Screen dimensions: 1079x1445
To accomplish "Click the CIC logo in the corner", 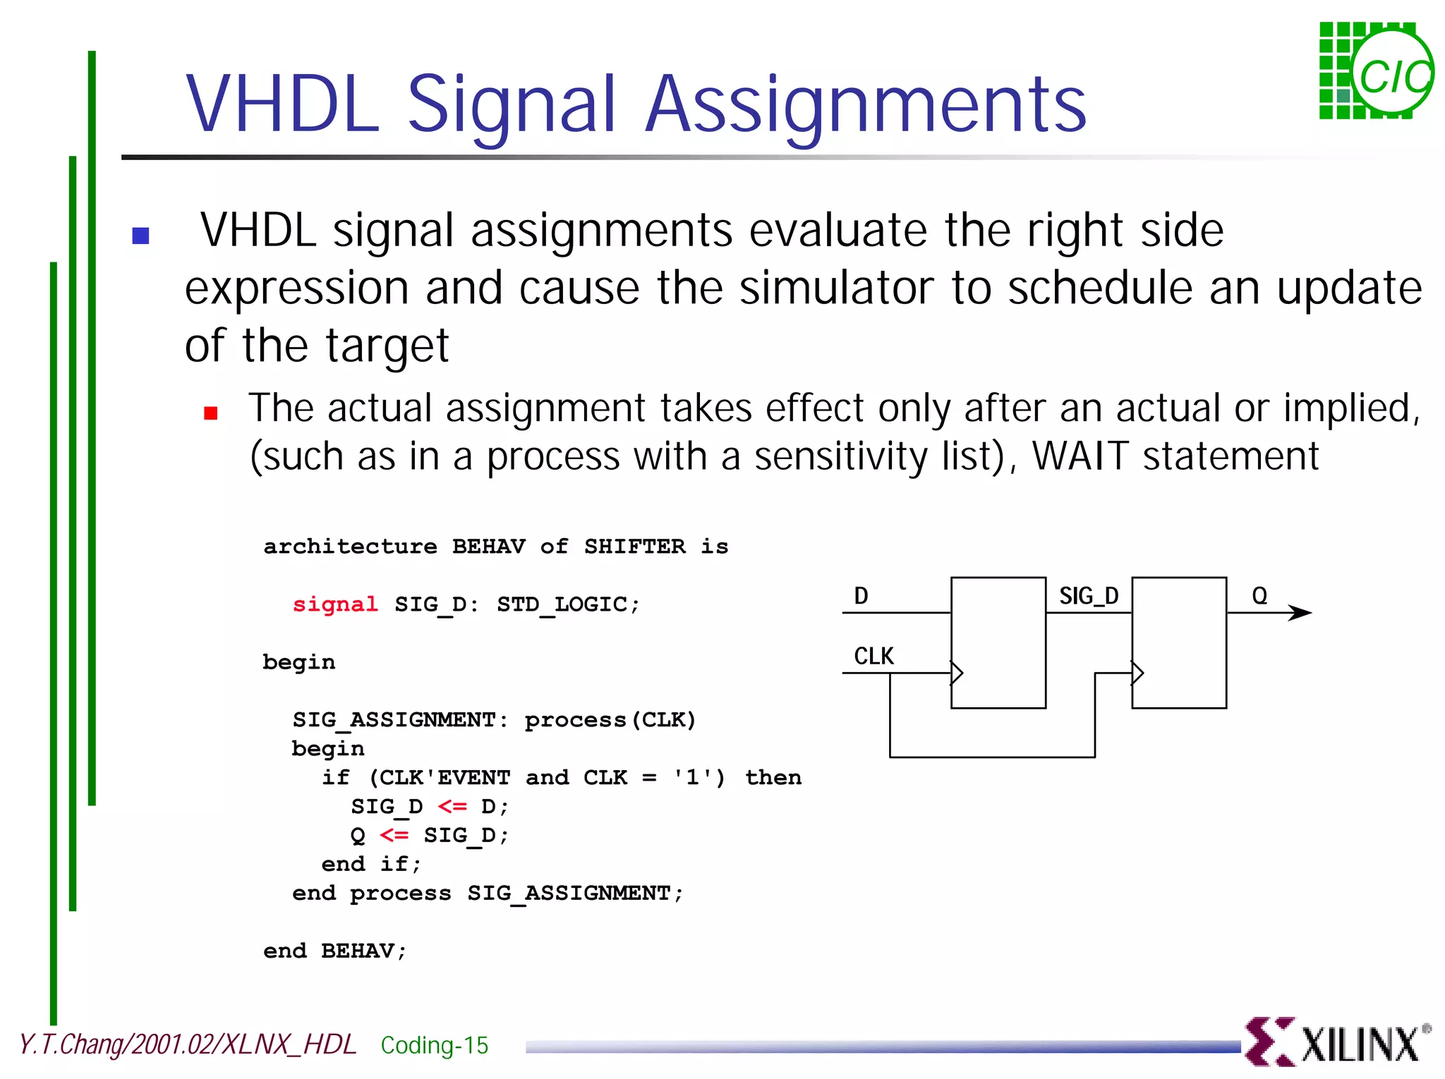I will pos(1376,71).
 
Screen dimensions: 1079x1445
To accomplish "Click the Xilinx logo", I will pos(1336,1042).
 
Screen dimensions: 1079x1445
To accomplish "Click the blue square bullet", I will pos(140,236).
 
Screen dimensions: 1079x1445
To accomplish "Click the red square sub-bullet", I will pos(210,413).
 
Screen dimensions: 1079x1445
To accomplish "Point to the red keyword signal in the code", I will pos(335,604).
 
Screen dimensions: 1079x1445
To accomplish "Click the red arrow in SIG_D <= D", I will pos(452,806).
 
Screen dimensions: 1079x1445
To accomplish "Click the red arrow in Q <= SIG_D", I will pos(394,835).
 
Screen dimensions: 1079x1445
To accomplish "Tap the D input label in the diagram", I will pos(861,596).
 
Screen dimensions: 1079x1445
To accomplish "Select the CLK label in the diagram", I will pos(873,656).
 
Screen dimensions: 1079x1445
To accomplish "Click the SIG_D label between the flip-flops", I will pos(1088,596).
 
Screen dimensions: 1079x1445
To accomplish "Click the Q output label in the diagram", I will pos(1259,596).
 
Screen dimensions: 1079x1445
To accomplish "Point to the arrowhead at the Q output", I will pos(1300,612).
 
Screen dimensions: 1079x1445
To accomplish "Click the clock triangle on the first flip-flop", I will pos(957,673).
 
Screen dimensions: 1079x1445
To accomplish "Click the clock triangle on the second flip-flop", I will pos(1137,673).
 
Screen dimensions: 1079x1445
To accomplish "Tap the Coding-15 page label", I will pos(434,1045).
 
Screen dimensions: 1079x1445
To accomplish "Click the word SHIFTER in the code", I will pos(634,547).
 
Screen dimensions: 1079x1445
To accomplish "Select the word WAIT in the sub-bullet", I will pos(1080,456).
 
